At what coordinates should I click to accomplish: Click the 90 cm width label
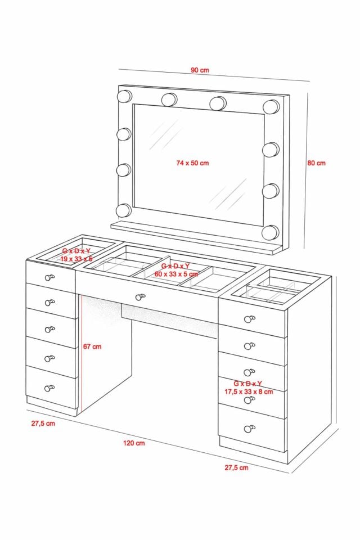[x=200, y=70]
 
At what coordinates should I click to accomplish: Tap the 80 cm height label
[x=316, y=163]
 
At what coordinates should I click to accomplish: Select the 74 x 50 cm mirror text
[x=192, y=163]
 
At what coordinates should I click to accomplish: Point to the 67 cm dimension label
[x=92, y=346]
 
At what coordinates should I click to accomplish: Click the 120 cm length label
[x=134, y=443]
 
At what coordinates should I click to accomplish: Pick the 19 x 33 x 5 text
[x=76, y=259]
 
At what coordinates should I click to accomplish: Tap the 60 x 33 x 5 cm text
[x=176, y=274]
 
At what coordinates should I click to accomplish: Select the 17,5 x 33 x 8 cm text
[x=249, y=391]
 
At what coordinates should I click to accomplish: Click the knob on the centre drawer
[x=140, y=297]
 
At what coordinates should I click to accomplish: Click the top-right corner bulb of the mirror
[x=271, y=107]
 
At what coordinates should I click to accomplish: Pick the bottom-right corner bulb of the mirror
[x=270, y=233]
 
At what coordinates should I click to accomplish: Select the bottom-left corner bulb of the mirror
[x=124, y=210]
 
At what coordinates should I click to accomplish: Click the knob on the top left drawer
[x=49, y=277]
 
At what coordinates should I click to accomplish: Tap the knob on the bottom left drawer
[x=49, y=388]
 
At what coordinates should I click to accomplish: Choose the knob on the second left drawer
[x=50, y=303]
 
